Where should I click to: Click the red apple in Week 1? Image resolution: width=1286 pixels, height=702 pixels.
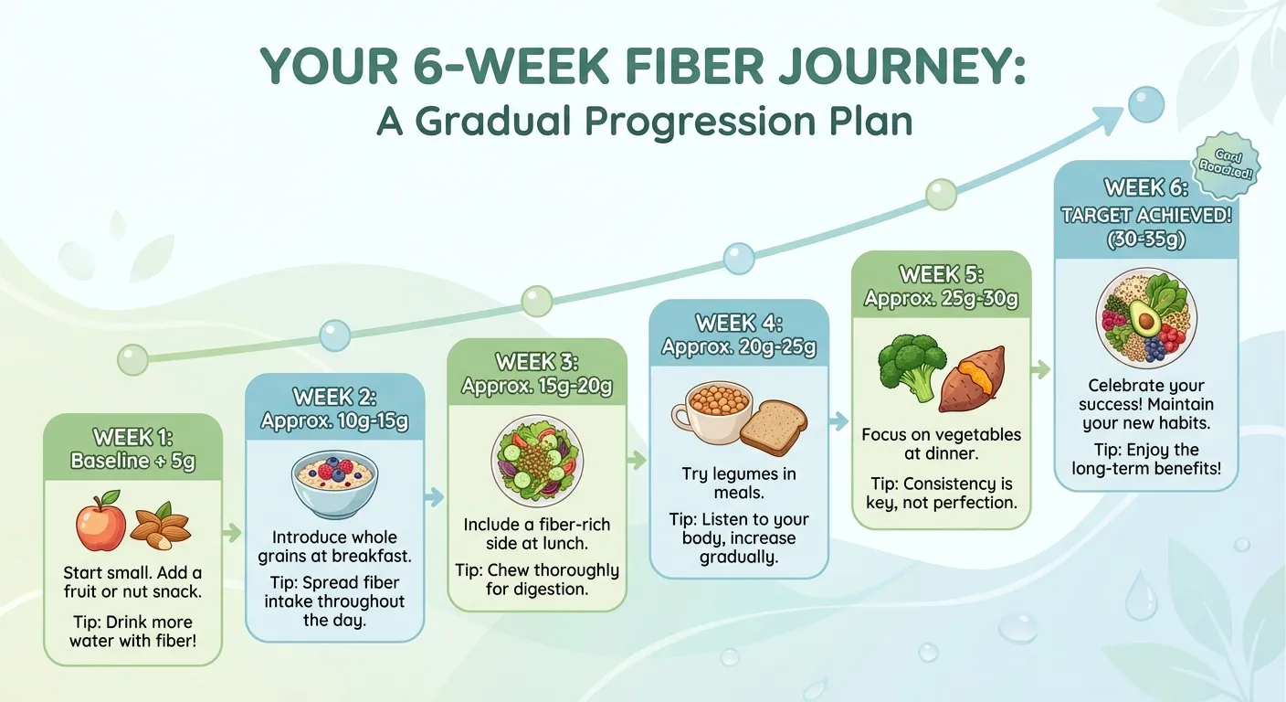100,524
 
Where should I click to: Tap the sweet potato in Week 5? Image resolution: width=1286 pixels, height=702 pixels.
973,378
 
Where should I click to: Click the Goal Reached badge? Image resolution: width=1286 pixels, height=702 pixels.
1226,165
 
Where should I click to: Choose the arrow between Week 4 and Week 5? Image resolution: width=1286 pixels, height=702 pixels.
838,421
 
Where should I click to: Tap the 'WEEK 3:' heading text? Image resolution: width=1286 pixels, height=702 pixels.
537,362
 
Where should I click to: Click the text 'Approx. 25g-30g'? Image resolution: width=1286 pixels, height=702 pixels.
941,298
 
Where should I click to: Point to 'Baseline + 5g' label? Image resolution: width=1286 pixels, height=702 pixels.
133,461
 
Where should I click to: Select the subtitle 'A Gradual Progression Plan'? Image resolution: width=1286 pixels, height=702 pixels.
645,121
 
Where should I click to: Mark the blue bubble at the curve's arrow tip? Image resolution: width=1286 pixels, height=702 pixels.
1146,104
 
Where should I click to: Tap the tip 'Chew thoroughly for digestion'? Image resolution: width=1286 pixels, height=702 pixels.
537,580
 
